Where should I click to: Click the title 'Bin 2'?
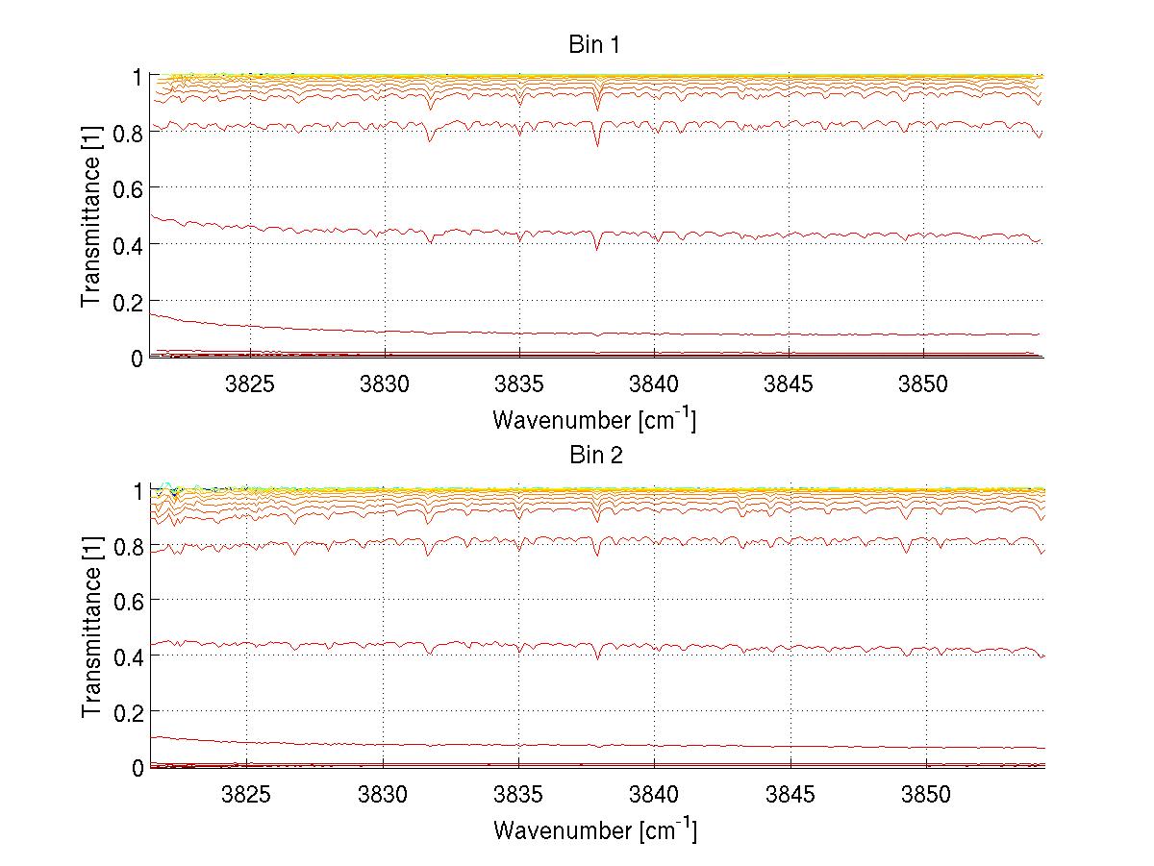pos(596,455)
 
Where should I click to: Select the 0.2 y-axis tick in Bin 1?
pos(129,301)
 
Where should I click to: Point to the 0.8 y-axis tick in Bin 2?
pos(129,545)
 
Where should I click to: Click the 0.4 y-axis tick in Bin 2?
pos(129,656)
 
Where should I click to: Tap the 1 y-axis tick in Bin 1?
pos(138,75)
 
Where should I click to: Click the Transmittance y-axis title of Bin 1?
pos(91,217)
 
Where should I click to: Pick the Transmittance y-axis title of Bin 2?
pos(91,628)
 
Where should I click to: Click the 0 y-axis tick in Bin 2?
pos(138,767)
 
